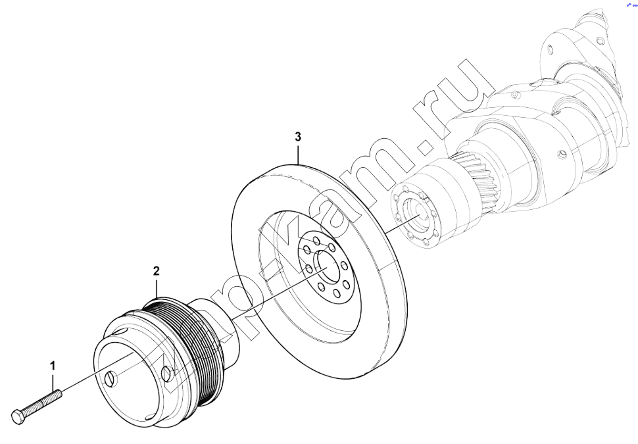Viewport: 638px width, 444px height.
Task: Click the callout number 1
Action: [x=52, y=366]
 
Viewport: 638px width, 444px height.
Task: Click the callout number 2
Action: [x=157, y=271]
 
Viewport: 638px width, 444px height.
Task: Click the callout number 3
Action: [x=298, y=137]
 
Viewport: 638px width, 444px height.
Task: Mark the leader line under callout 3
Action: [x=298, y=154]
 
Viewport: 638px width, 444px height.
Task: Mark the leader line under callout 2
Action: [x=157, y=287]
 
